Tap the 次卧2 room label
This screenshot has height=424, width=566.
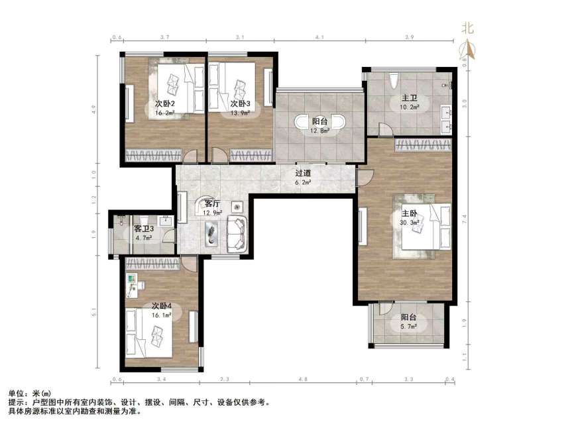click(164, 104)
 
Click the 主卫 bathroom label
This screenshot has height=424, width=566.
click(406, 100)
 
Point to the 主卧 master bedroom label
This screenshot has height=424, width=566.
click(409, 214)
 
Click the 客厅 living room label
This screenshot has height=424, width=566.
click(212, 204)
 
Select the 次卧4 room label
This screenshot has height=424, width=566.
click(162, 306)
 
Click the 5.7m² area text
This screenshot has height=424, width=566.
click(408, 327)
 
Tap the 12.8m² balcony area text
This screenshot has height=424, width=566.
click(320, 131)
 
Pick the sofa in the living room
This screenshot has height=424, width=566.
click(237, 233)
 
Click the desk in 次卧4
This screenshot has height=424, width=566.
click(131, 282)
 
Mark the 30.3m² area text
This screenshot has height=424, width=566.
click(408, 223)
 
